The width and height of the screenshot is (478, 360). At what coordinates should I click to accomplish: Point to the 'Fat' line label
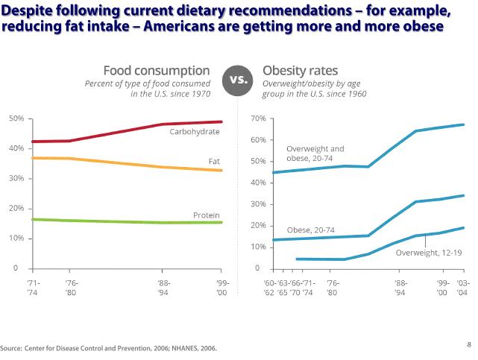tap(214, 161)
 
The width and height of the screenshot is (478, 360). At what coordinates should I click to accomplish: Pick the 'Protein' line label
tap(207, 215)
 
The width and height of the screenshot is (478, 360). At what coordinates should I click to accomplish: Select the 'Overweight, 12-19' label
tap(429, 253)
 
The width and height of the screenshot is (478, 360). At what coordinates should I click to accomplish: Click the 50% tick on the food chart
tap(16, 119)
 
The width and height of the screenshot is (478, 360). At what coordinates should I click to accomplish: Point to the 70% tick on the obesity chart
tap(259, 119)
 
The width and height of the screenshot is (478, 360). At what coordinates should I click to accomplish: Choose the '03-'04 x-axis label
tap(462, 288)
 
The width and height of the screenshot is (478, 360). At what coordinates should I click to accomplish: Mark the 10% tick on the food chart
tap(16, 239)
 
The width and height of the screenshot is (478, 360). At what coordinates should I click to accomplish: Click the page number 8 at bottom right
tap(468, 344)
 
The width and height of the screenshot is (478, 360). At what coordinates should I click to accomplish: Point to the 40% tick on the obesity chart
tap(259, 183)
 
